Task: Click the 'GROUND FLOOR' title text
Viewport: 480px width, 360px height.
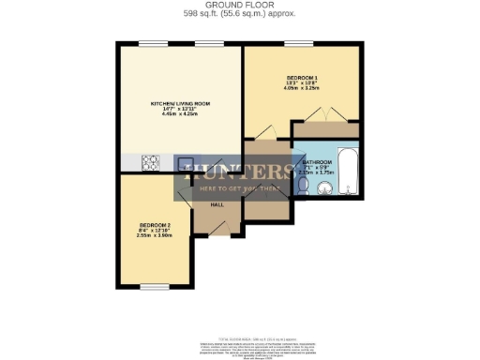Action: (239, 4)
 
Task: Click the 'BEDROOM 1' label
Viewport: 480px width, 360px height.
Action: (302, 78)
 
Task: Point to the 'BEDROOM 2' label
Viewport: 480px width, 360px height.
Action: (155, 225)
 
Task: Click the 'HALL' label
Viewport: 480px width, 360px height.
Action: (216, 204)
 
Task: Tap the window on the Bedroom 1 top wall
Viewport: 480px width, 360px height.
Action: (301, 43)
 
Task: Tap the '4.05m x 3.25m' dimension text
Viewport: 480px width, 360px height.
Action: (302, 90)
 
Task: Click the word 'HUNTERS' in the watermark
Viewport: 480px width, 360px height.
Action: (239, 171)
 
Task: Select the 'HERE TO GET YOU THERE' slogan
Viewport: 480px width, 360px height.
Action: (239, 187)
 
